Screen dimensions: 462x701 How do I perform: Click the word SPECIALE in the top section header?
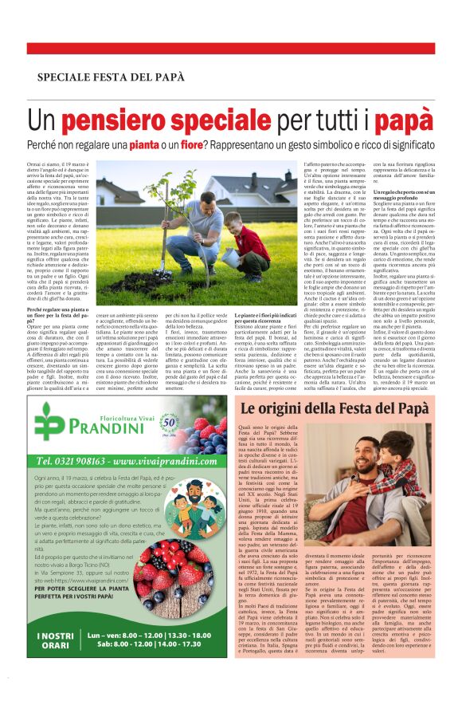click(x=65, y=77)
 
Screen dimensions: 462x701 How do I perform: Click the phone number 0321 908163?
click(x=76, y=460)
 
